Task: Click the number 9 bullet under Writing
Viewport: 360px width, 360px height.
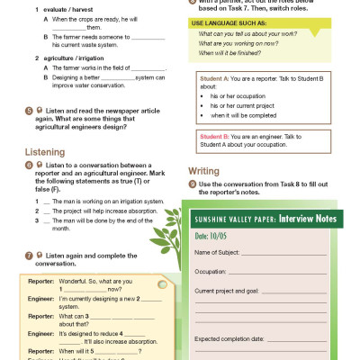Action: coord(192,184)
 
